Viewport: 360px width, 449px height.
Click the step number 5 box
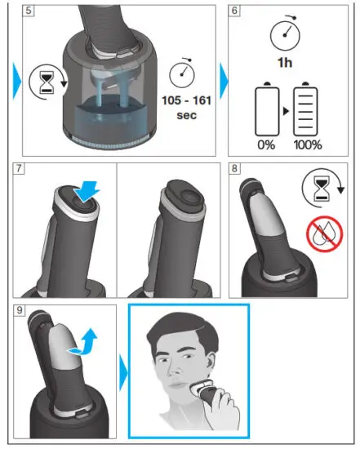pyautogui.click(x=29, y=12)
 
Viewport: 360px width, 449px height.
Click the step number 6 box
pyautogui.click(x=235, y=12)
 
